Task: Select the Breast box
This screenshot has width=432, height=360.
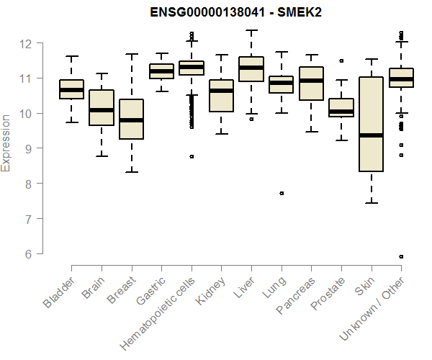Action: coord(132,119)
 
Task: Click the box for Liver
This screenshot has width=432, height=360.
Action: coord(251,69)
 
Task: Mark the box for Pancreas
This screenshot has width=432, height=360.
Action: coord(311,84)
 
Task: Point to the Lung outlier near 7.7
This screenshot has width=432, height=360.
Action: coord(282,193)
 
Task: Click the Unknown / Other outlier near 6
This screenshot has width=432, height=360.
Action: coord(401,256)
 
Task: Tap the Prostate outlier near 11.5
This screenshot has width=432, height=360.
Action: coord(341,60)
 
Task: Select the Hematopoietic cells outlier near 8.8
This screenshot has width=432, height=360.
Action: coord(192,156)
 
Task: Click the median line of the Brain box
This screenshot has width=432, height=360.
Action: coord(102,110)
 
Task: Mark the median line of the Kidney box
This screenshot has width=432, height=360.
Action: coord(221,91)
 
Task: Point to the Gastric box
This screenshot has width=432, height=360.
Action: coord(161,71)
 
